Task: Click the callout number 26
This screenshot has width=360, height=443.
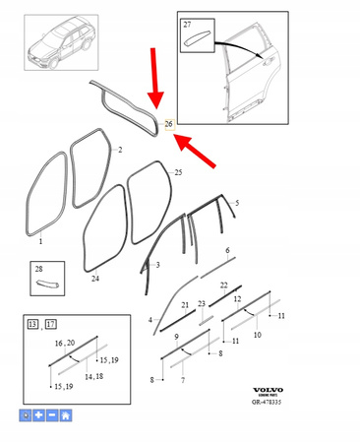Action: coord(169,124)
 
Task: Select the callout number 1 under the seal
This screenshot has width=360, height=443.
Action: coord(40,241)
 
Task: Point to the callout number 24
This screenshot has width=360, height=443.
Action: coord(94,279)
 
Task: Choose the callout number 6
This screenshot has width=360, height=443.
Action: coord(227,251)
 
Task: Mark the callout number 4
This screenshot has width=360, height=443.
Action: coord(150,319)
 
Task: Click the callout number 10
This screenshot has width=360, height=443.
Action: coord(258,335)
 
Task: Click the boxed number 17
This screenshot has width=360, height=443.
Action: coord(49,324)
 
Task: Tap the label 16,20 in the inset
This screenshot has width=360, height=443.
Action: coord(65,343)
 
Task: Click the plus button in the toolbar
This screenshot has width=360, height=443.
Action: coord(38,416)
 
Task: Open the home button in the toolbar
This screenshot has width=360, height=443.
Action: coord(65,416)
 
